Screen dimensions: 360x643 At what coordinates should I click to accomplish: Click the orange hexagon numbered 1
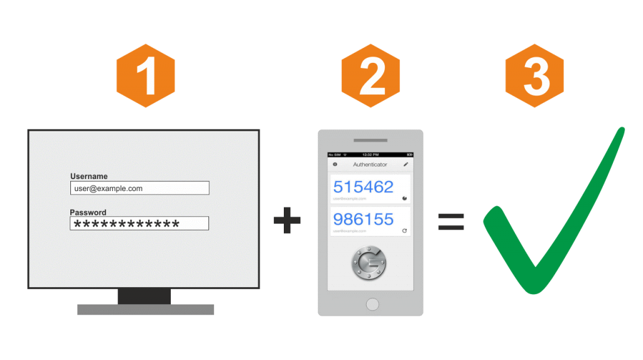click(x=146, y=76)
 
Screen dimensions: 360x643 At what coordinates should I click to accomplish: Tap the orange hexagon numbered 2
click(x=371, y=76)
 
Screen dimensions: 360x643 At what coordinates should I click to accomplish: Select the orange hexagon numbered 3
click(x=535, y=76)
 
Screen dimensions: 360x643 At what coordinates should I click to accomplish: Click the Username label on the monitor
click(x=89, y=177)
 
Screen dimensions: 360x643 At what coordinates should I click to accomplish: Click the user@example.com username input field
click(x=139, y=188)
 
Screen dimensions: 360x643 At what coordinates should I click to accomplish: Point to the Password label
click(x=88, y=212)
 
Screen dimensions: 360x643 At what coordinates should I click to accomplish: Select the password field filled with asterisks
click(x=139, y=224)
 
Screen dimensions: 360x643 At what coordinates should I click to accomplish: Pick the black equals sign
click(x=451, y=221)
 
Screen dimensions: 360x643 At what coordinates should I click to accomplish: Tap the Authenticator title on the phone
click(x=370, y=165)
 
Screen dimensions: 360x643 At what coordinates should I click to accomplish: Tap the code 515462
click(x=363, y=187)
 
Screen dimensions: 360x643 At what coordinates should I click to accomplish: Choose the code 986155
click(x=363, y=219)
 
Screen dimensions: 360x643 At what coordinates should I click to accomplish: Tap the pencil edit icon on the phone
click(x=406, y=165)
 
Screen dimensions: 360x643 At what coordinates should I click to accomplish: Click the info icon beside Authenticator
click(x=334, y=165)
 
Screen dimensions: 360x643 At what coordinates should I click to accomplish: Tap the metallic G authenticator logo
click(x=370, y=263)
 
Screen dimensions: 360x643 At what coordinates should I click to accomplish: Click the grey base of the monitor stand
click(x=145, y=309)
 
